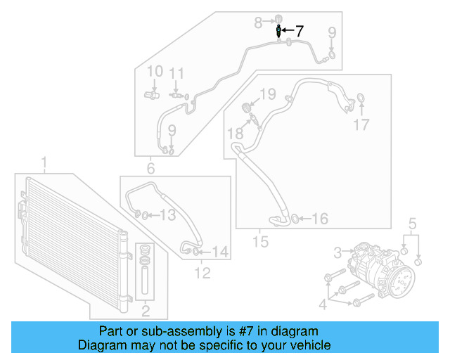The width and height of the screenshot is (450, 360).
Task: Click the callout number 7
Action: tap(300, 31)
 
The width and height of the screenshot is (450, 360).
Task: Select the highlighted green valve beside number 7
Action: tap(280, 31)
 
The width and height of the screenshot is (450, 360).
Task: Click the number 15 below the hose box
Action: tap(261, 243)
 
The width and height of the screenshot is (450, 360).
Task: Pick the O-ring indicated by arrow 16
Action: tap(295, 219)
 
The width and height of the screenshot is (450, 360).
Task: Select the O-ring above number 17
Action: tap(361, 96)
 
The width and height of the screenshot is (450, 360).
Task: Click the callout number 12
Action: tap(202, 274)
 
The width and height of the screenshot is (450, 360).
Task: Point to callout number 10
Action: tap(155, 71)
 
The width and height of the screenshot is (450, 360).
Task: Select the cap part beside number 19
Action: tap(247, 106)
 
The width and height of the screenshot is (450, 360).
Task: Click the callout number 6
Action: tap(150, 168)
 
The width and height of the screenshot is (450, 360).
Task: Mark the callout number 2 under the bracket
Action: tap(146, 310)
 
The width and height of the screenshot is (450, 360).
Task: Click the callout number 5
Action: tap(413, 224)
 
